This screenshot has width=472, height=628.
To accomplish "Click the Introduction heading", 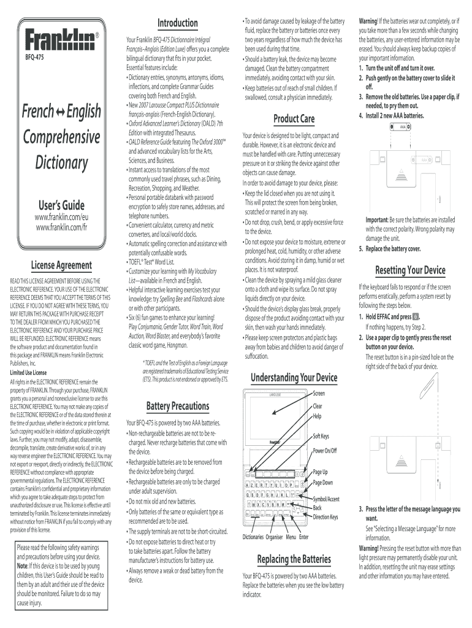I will [x=178, y=23].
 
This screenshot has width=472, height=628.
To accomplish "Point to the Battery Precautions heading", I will [x=178, y=406].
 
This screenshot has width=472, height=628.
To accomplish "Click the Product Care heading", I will [x=294, y=118].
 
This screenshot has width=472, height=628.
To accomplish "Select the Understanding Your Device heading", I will [x=294, y=377].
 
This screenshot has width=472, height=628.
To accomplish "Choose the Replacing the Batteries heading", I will [x=294, y=559].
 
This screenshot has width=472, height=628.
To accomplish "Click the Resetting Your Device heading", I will [x=409, y=270].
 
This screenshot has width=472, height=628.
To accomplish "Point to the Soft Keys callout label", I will [x=321, y=436].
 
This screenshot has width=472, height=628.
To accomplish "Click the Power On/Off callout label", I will [x=325, y=451].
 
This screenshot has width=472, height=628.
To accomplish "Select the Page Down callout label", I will [x=323, y=483].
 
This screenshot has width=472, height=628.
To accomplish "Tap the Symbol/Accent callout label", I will [x=326, y=499].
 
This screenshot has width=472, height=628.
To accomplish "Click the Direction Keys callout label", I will [x=325, y=517].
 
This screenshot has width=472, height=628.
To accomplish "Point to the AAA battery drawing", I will [x=403, y=128].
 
